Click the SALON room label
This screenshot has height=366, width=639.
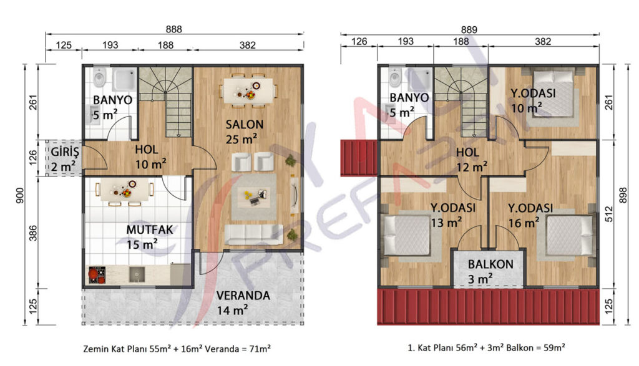coord(245,124)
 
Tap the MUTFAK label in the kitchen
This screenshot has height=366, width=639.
coord(150,229)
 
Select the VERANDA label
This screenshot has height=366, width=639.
coord(243,296)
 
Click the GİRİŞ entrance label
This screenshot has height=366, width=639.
coord(65,152)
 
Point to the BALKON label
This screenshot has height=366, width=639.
coord(490,264)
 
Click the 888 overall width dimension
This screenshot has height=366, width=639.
coord(174,29)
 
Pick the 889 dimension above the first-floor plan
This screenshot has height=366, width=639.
coord(469,30)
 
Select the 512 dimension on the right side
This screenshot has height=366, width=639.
coord(609,214)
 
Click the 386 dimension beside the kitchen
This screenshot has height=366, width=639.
coord(33,233)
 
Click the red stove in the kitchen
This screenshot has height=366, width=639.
coord(97,275)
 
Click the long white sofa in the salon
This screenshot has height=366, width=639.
coord(254,235)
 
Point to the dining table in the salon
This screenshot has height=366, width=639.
coord(248,90)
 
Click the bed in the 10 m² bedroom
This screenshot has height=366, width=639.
coord(554,94)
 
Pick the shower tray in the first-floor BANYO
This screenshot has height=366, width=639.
coord(417,79)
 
